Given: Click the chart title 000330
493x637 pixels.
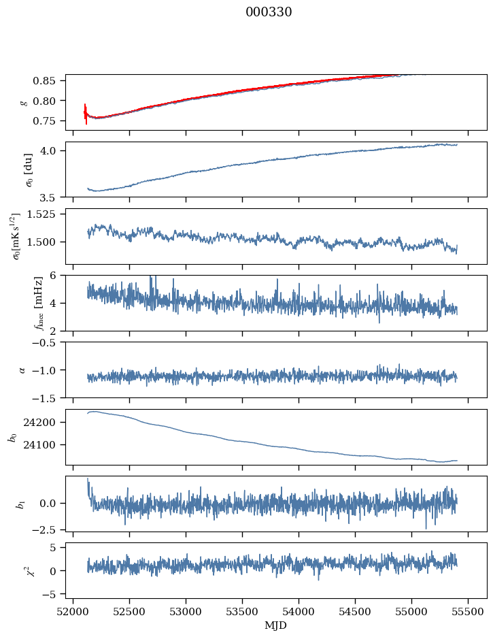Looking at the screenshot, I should point(269,12).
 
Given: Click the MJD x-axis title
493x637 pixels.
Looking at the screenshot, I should point(276,625).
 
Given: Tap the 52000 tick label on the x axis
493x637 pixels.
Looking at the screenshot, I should point(74,611).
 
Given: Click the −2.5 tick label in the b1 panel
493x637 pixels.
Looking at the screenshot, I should point(48,529).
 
